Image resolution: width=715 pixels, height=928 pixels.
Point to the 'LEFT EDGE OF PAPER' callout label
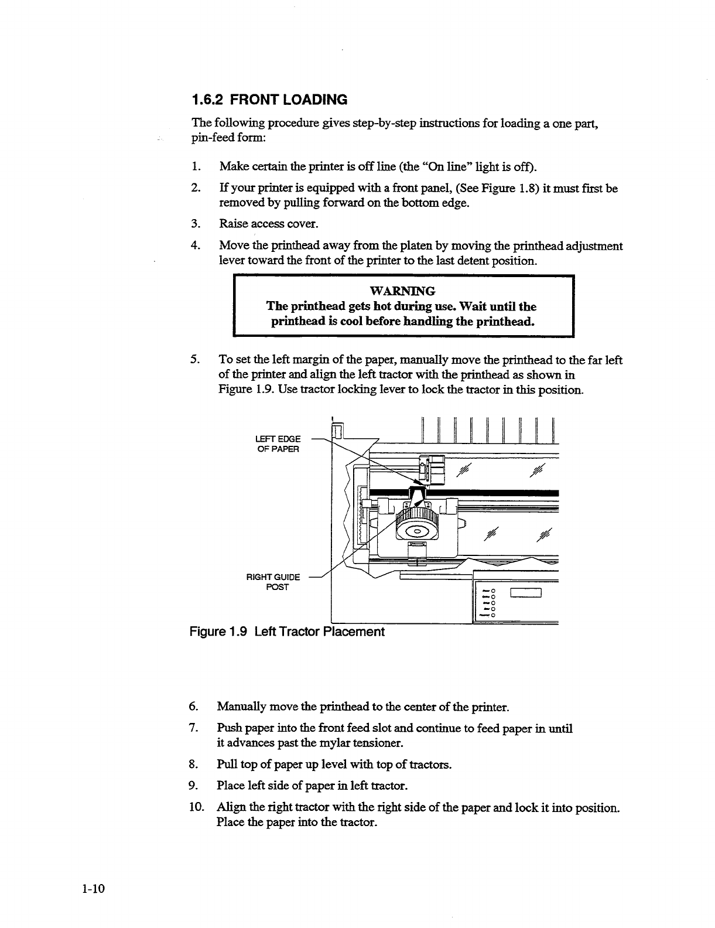[278, 443]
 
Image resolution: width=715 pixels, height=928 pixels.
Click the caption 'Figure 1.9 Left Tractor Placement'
[286, 632]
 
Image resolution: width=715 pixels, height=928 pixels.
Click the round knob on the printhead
[416, 532]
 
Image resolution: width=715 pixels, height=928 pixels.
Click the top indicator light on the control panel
[494, 589]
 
